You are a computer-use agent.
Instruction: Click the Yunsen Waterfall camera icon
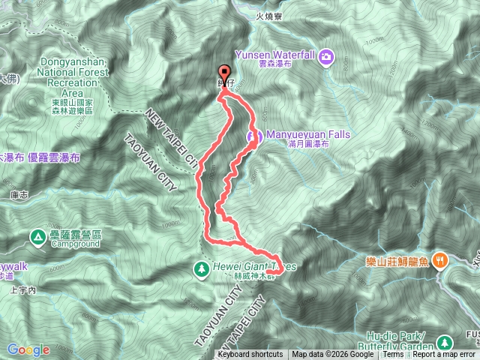(326, 56)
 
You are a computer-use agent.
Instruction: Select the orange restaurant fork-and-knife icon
(442, 260)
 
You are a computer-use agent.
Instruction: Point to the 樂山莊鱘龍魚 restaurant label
(398, 260)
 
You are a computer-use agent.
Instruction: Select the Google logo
(28, 349)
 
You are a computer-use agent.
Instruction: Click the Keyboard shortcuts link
(251, 355)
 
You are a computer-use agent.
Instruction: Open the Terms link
(393, 355)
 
